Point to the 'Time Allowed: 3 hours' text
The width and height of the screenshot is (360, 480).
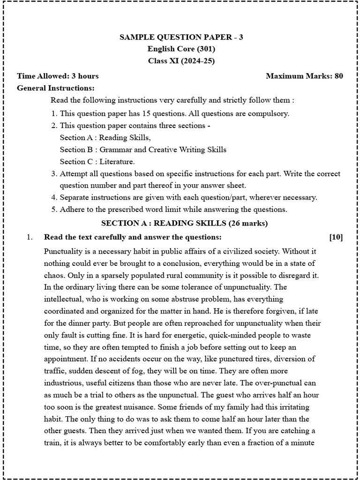coord(58,76)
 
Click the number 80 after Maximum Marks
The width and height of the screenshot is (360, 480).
coord(338,76)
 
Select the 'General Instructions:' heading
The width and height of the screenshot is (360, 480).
coord(56,88)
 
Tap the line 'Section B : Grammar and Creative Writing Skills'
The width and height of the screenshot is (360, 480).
coord(143,150)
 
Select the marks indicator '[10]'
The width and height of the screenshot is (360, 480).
coord(336,237)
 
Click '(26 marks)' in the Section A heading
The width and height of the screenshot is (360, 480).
coord(249,223)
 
